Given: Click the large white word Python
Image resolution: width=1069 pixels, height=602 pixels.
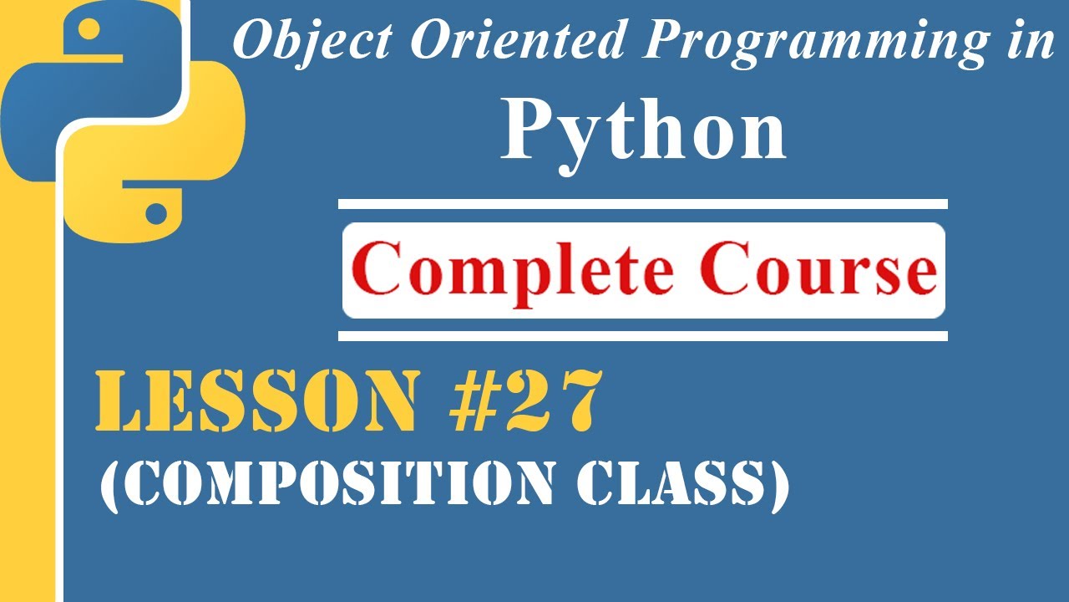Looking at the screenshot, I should [x=643, y=134].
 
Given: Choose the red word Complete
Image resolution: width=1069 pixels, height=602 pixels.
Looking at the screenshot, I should [x=514, y=270].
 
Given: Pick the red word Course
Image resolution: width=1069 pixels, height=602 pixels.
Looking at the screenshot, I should [x=818, y=270].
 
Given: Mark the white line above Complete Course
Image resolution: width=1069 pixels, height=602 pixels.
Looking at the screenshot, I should [x=642, y=203].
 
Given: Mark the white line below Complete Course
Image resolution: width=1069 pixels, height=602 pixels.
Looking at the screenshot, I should [x=642, y=336].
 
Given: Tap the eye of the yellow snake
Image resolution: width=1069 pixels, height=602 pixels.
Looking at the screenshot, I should [x=155, y=213].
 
